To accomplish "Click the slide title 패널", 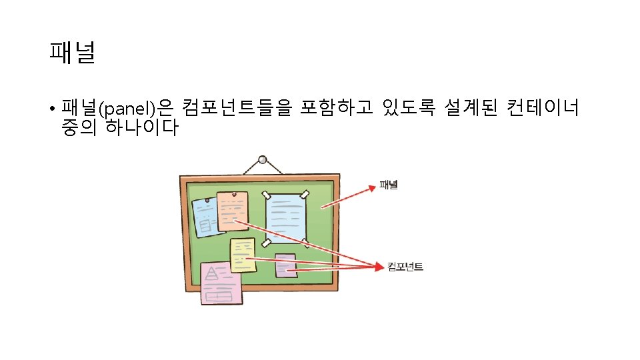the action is (72, 53).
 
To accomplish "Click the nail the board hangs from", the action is (262, 160).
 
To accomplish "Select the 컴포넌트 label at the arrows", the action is (405, 267).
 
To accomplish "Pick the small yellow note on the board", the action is (242, 255).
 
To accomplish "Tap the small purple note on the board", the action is (286, 265).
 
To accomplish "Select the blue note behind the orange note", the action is (203, 217).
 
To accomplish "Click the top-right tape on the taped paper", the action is (305, 194).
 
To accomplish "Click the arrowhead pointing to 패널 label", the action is (372, 188).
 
